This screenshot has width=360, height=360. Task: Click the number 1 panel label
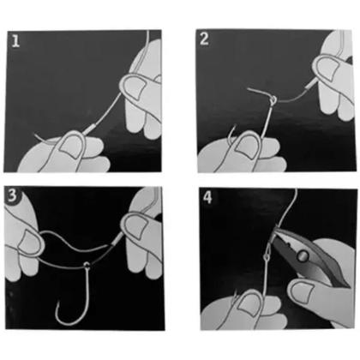click(x=15, y=41)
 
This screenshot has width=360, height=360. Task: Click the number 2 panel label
click(x=204, y=39)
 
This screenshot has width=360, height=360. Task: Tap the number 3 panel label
click(x=12, y=195)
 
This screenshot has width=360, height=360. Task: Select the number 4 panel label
click(x=207, y=197)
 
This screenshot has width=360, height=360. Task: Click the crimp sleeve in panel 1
click(x=89, y=129)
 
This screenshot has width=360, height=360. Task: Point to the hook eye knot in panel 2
click(x=273, y=100)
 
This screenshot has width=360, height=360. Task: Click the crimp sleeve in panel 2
click(x=310, y=83)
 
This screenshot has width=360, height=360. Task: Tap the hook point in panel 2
click(x=235, y=125)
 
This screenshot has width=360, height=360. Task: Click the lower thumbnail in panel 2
click(x=247, y=147)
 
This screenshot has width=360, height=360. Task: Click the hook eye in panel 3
click(x=87, y=266)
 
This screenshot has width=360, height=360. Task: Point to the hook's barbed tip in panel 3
click(x=57, y=303)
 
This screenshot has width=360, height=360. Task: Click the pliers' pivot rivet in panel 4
click(x=303, y=255)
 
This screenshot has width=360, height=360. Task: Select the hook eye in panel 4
click(x=267, y=257)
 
